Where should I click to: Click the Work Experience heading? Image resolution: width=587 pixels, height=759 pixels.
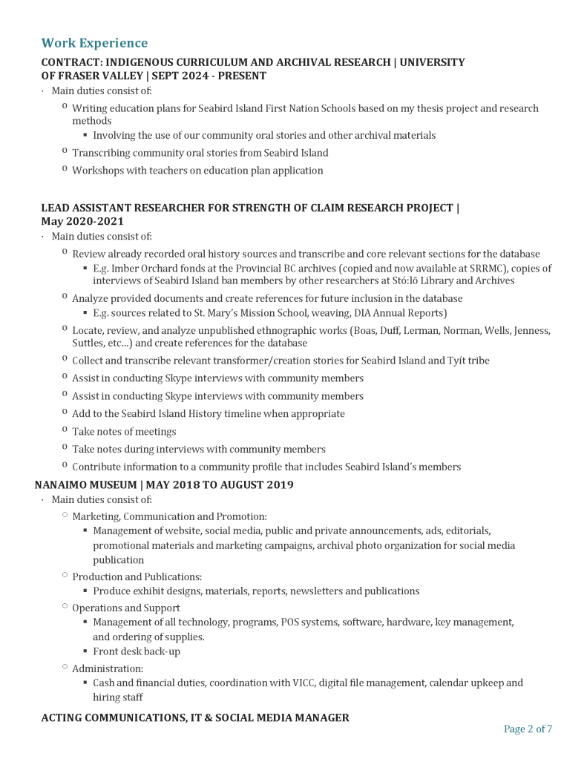pyautogui.click(x=94, y=43)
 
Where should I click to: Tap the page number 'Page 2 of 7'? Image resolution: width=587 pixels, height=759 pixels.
pyautogui.click(x=528, y=729)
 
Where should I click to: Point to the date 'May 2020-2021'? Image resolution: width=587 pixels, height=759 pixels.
pyautogui.click(x=82, y=221)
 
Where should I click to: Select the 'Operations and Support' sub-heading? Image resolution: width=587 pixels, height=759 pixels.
pyautogui.click(x=125, y=608)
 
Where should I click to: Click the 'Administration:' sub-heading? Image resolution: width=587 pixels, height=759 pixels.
pyautogui.click(x=108, y=668)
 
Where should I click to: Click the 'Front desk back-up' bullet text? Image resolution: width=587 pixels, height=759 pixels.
pyautogui.click(x=137, y=651)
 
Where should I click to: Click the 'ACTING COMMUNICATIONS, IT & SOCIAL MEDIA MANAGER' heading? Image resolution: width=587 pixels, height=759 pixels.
pyautogui.click(x=195, y=717)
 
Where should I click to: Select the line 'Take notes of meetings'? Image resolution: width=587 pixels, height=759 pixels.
pyautogui.click(x=124, y=432)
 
